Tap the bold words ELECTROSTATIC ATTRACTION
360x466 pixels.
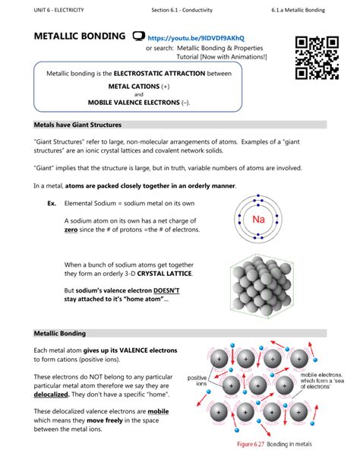(x=156, y=74)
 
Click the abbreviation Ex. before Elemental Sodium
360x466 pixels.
(x=52, y=203)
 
